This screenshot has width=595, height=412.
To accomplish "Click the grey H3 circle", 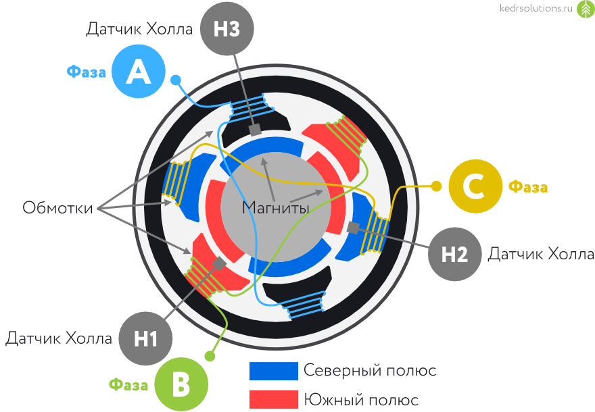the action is coord(227,29).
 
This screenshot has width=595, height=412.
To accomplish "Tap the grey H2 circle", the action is coord(454,254).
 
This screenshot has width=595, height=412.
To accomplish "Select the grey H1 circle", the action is coord(145,338).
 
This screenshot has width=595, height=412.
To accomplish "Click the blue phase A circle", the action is coord(139,71).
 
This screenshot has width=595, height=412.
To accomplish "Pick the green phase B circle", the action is coord(181,385).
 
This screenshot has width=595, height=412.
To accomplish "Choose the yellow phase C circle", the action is coord(475,186).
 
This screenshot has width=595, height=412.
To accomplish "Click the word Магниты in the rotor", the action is coord(276,207).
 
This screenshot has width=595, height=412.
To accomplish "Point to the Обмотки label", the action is coord(58,207).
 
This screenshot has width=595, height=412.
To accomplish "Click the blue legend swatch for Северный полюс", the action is coord(273,371).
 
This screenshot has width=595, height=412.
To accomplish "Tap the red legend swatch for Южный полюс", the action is coord(273,399).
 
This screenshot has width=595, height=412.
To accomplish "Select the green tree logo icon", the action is coord(585,11).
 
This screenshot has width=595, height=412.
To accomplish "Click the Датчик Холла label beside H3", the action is coord(139,29).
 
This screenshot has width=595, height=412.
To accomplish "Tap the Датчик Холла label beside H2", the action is coord(541,254).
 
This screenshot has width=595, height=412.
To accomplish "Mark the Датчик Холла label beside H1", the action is coord(59,338).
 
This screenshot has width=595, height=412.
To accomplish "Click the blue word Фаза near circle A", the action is coord(86,72).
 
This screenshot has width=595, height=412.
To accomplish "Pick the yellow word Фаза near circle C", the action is coord(528,187).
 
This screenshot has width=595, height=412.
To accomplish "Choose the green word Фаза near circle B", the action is coord(128,386).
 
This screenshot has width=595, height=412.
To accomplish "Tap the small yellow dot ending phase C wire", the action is coord(436,186).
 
